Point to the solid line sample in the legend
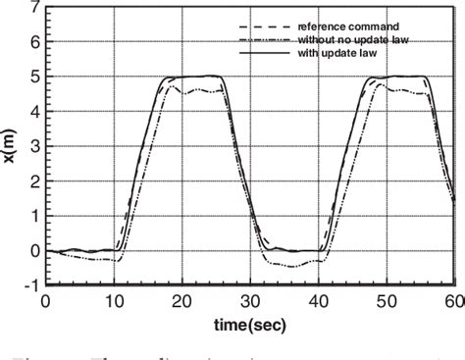[262, 52]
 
